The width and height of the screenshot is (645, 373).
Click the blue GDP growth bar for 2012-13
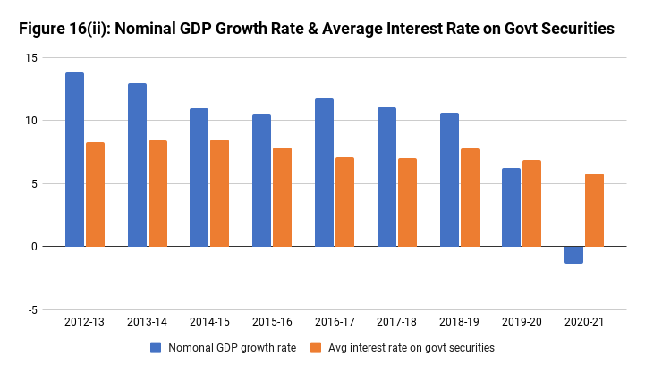coord(74,159)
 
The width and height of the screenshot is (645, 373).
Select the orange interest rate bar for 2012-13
coord(96,194)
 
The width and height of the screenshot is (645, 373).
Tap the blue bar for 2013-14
coord(137,165)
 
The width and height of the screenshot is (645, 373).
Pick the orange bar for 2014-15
coord(220,192)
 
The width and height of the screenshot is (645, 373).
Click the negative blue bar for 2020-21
coord(573,255)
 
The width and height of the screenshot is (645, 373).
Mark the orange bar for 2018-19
coord(470,197)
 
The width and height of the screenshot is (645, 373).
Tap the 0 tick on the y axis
coord(33,246)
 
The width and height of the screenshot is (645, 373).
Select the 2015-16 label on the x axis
coord(271,321)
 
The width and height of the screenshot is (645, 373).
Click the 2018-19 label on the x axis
coord(459,321)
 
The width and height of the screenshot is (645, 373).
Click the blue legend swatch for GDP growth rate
coord(156,347)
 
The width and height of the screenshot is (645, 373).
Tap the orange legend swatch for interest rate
coord(313,347)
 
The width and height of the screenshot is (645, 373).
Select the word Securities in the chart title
coord(573,29)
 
